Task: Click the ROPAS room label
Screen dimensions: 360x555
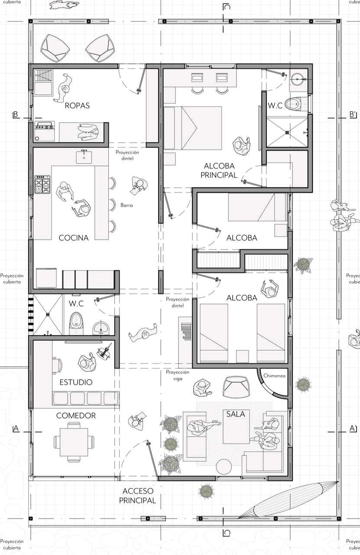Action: (77, 105)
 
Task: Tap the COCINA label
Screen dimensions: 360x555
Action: (74, 238)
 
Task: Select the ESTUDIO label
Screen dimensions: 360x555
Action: (76, 382)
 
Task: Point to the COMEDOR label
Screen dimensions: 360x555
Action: (76, 415)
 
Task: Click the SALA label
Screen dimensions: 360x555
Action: (236, 414)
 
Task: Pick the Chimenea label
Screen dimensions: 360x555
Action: (274, 375)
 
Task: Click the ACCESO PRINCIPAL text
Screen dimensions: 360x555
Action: (138, 496)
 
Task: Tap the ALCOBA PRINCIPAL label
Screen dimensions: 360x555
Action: (219, 170)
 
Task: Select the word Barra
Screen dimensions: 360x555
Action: (126, 205)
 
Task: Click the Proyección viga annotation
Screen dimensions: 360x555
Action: (178, 375)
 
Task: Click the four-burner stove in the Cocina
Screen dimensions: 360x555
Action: (42, 184)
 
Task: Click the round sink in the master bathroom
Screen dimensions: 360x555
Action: (298, 79)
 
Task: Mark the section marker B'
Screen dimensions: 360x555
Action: (353, 114)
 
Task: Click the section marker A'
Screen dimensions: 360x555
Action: (353, 429)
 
